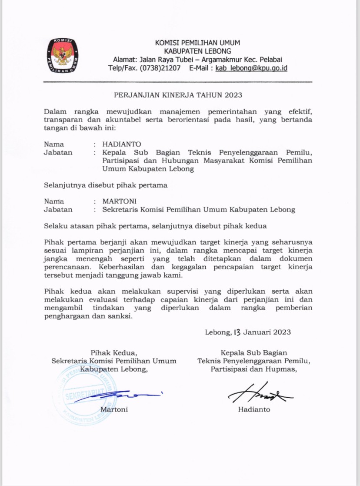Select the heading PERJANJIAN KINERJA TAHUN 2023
(178, 95)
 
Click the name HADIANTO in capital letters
(122, 144)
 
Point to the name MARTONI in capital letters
(120, 201)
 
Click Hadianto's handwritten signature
(260, 394)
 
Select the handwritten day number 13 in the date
(237, 333)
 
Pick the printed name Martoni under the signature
(114, 410)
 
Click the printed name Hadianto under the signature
(254, 410)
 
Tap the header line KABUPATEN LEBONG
(197, 51)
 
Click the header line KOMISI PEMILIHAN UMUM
(197, 43)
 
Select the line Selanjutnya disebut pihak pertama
(106, 185)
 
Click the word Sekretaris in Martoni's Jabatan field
(120, 210)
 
